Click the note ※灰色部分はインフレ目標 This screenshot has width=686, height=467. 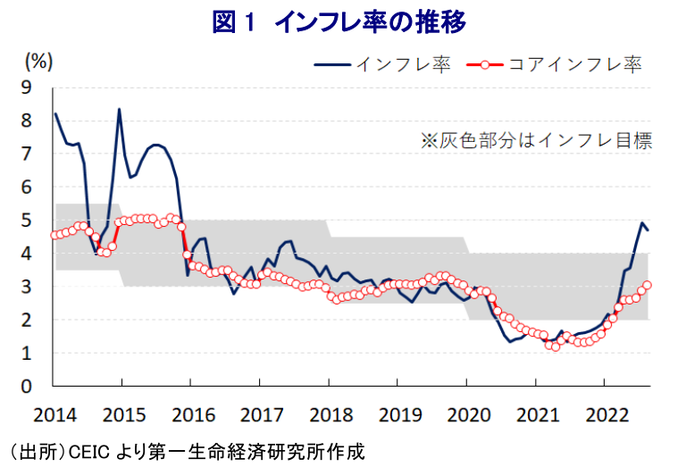536,140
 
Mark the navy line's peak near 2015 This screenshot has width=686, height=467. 120,109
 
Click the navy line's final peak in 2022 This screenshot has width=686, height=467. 641,223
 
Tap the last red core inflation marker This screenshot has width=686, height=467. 648,285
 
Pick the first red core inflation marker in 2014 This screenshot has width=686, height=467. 54,235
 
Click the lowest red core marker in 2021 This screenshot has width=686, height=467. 556,346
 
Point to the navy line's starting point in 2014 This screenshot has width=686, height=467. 54,113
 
